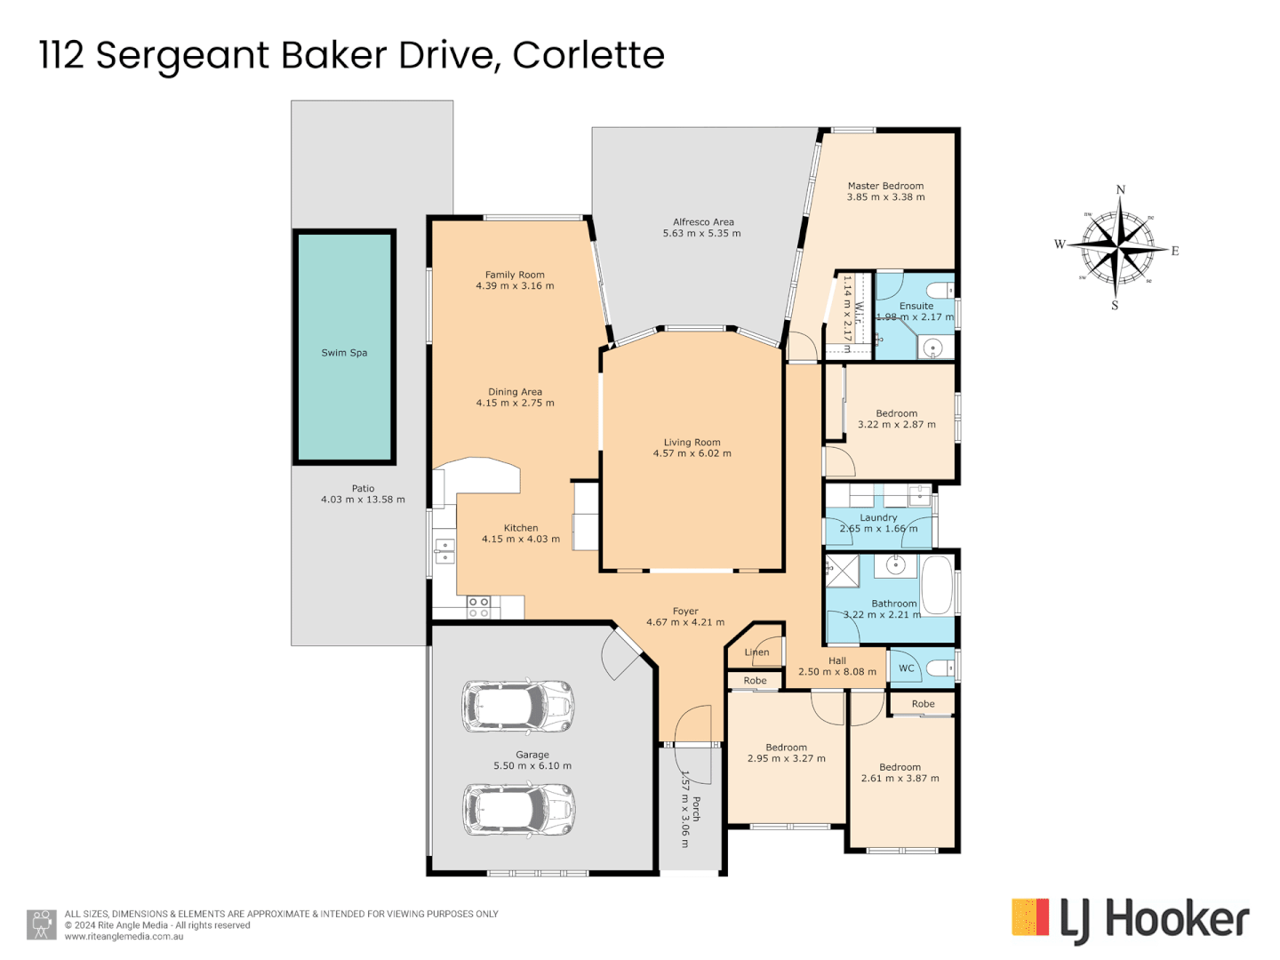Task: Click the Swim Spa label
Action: coord(344,353)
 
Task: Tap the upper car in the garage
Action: coord(517,707)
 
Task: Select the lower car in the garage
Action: coord(518,810)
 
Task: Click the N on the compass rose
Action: coord(1120,189)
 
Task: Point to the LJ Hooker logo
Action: coord(1130,919)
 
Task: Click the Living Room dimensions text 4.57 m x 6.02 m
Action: coord(692,453)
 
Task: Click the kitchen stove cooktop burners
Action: coord(478,607)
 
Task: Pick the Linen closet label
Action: coord(756,652)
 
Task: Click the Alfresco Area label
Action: coord(703,222)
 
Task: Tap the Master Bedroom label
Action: coord(885,186)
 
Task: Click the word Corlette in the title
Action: coord(588,55)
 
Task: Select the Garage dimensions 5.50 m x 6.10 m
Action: coord(532,765)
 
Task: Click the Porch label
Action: coord(696,808)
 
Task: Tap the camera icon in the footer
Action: coord(41,924)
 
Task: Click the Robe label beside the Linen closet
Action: coord(755,681)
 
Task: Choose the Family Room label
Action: coord(515,275)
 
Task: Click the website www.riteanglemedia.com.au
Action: coord(124,936)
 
